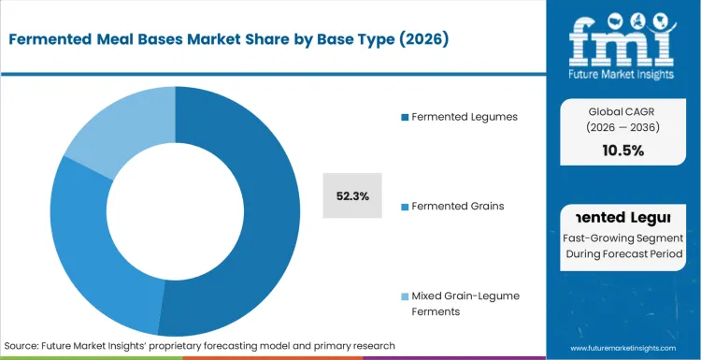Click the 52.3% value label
352,196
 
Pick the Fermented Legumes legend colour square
404,117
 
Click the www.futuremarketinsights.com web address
623,346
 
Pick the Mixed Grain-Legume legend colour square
404,295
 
